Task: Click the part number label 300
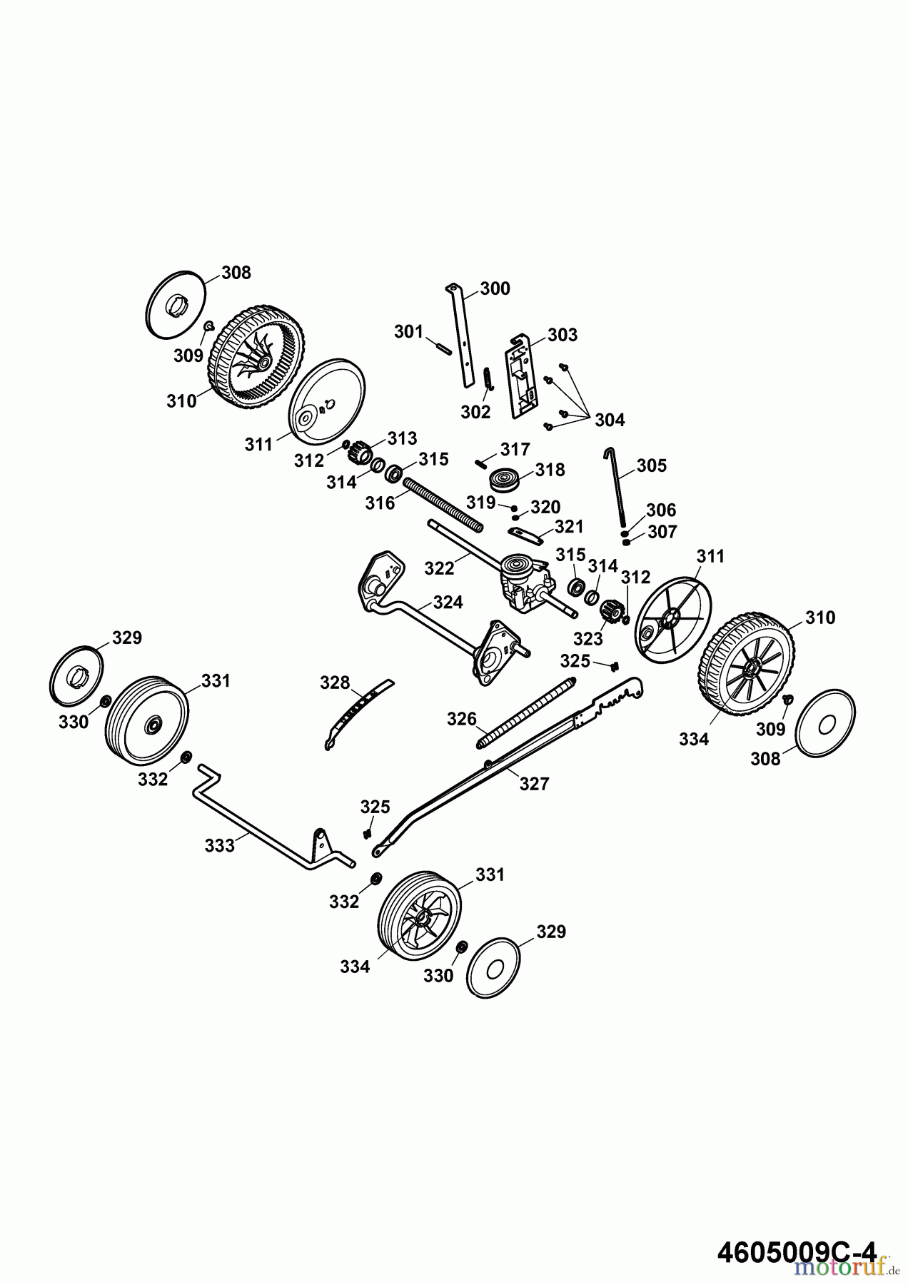(495, 288)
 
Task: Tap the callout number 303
(563, 335)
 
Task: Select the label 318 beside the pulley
(550, 470)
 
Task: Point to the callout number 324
(448, 603)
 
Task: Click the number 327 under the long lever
(534, 784)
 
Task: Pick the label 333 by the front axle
(219, 846)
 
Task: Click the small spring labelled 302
(488, 379)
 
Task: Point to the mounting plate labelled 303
(523, 375)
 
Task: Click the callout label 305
(651, 465)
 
